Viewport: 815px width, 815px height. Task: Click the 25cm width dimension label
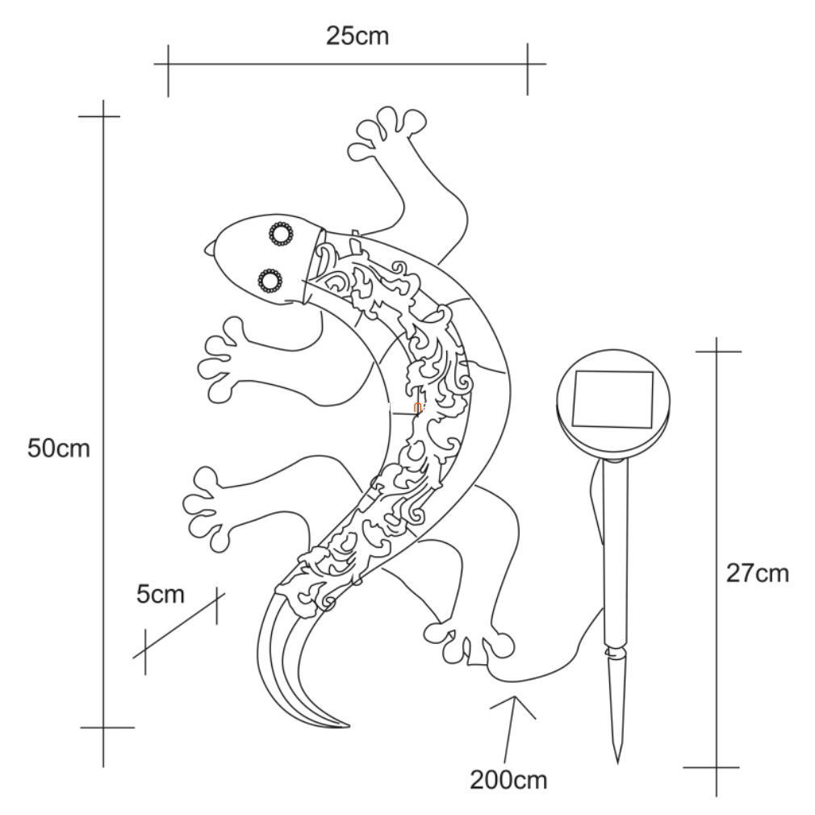(x=357, y=36)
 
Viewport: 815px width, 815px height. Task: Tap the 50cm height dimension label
(x=59, y=448)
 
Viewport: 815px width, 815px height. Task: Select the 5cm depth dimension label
(x=160, y=594)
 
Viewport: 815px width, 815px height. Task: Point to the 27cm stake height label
(x=758, y=573)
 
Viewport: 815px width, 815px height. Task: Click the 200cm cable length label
(x=508, y=779)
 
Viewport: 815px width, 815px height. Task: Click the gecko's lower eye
(x=270, y=281)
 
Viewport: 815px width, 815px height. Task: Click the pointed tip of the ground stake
(x=617, y=763)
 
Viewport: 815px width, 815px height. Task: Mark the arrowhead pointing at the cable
(x=513, y=708)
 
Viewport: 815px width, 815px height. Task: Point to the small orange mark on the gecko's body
(x=416, y=407)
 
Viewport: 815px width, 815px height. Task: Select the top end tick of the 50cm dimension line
(x=103, y=116)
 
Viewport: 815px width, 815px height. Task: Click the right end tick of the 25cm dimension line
(x=528, y=64)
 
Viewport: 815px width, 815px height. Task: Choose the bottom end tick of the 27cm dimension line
(x=717, y=767)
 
